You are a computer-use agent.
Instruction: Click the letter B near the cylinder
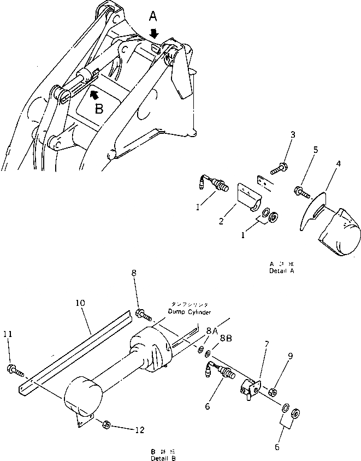[x=99, y=108]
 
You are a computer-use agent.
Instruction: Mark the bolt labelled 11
[x=15, y=371]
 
